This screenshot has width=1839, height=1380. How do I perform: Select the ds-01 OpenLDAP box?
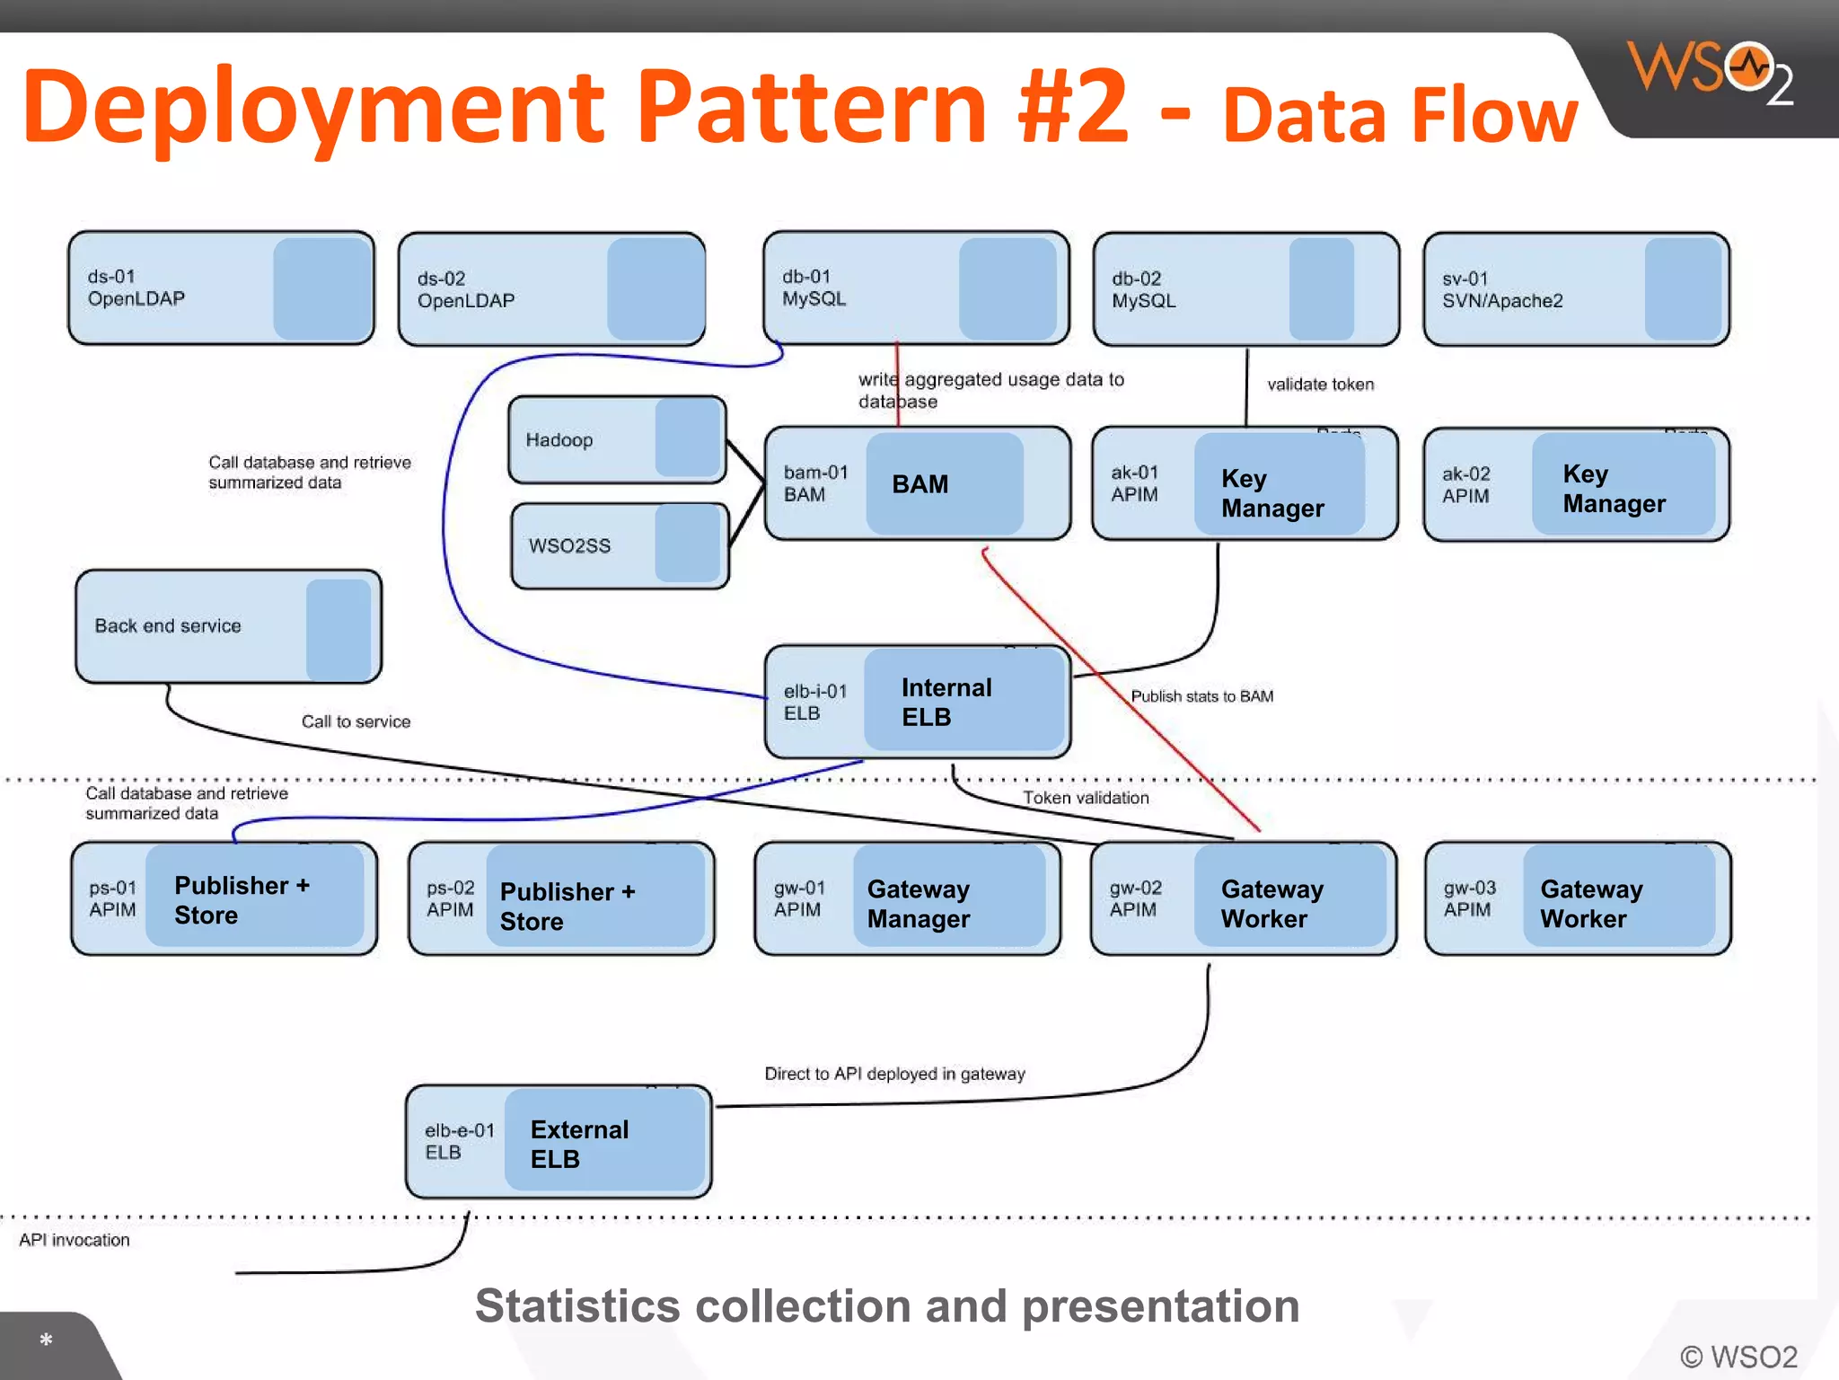pyautogui.click(x=221, y=288)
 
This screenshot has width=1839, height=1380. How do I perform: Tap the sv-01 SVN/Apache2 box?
pyautogui.click(x=1576, y=289)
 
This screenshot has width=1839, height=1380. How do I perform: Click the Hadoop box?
pyautogui.click(x=616, y=439)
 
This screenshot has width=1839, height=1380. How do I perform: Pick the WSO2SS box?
pyautogui.click(x=620, y=545)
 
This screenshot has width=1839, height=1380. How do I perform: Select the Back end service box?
pyautogui.click(x=228, y=626)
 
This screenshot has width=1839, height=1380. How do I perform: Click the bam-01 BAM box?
pyautogui.click(x=917, y=483)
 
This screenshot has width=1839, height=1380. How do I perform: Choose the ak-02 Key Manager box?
pyautogui.click(x=1576, y=485)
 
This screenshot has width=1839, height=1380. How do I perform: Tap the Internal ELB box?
pyautogui.click(x=917, y=702)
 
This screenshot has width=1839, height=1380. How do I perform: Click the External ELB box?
pyautogui.click(x=558, y=1142)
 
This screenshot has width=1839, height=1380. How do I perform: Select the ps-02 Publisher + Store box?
pyautogui.click(x=561, y=898)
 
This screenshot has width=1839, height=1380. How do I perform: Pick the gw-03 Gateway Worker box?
pyautogui.click(x=1577, y=898)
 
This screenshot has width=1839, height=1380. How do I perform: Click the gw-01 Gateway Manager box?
pyautogui.click(x=907, y=898)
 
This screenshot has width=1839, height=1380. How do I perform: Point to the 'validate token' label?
pyautogui.click(x=1320, y=385)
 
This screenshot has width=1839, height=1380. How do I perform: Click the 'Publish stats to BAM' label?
pyautogui.click(x=1201, y=696)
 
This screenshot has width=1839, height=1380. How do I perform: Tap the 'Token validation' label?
pyautogui.click(x=1086, y=798)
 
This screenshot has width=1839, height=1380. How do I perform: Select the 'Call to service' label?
pyautogui.click(x=356, y=721)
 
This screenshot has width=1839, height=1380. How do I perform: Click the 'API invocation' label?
pyautogui.click(x=75, y=1240)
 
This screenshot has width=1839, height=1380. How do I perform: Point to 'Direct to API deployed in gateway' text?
pyautogui.click(x=894, y=1074)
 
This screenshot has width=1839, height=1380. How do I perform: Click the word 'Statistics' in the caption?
pyautogui.click(x=577, y=1306)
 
